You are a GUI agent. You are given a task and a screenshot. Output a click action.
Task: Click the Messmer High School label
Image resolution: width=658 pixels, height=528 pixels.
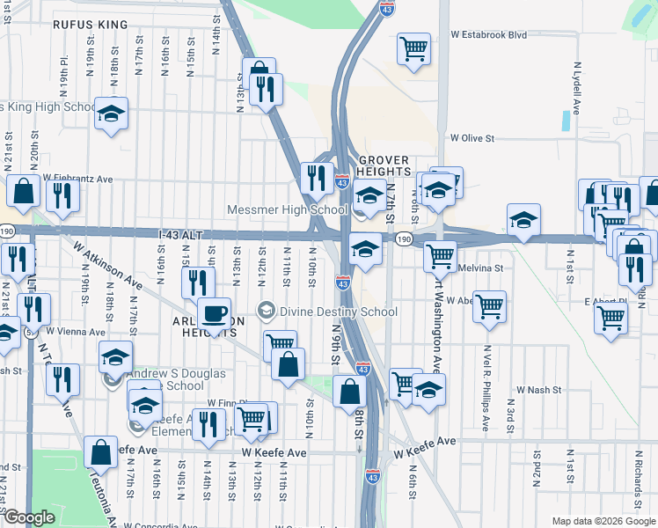pos(287,210)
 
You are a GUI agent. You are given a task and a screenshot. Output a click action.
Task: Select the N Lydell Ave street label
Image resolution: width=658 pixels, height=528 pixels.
pos(578,88)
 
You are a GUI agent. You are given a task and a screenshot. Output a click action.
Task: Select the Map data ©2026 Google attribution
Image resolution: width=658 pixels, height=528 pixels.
pos(603,521)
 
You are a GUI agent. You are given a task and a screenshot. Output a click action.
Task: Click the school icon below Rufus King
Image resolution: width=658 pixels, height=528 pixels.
pos(112,114)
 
